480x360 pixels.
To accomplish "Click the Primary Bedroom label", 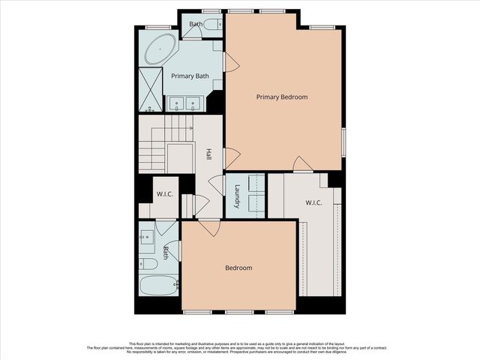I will (281, 97).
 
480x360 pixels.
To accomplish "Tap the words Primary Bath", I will (190, 76).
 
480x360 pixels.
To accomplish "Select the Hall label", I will (208, 153).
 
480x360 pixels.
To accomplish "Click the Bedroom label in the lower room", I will (238, 268).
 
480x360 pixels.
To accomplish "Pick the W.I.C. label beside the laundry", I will (314, 202).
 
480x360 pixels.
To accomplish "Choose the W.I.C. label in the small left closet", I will (165, 195).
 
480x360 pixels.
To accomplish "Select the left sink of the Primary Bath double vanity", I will (177, 103).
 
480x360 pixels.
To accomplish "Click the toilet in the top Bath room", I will (211, 25).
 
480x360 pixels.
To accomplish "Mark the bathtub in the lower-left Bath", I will (158, 285).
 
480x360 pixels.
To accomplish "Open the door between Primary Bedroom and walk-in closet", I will (302, 164).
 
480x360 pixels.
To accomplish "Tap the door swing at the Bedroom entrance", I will (208, 227).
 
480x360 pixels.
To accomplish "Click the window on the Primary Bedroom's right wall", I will (343, 142).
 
